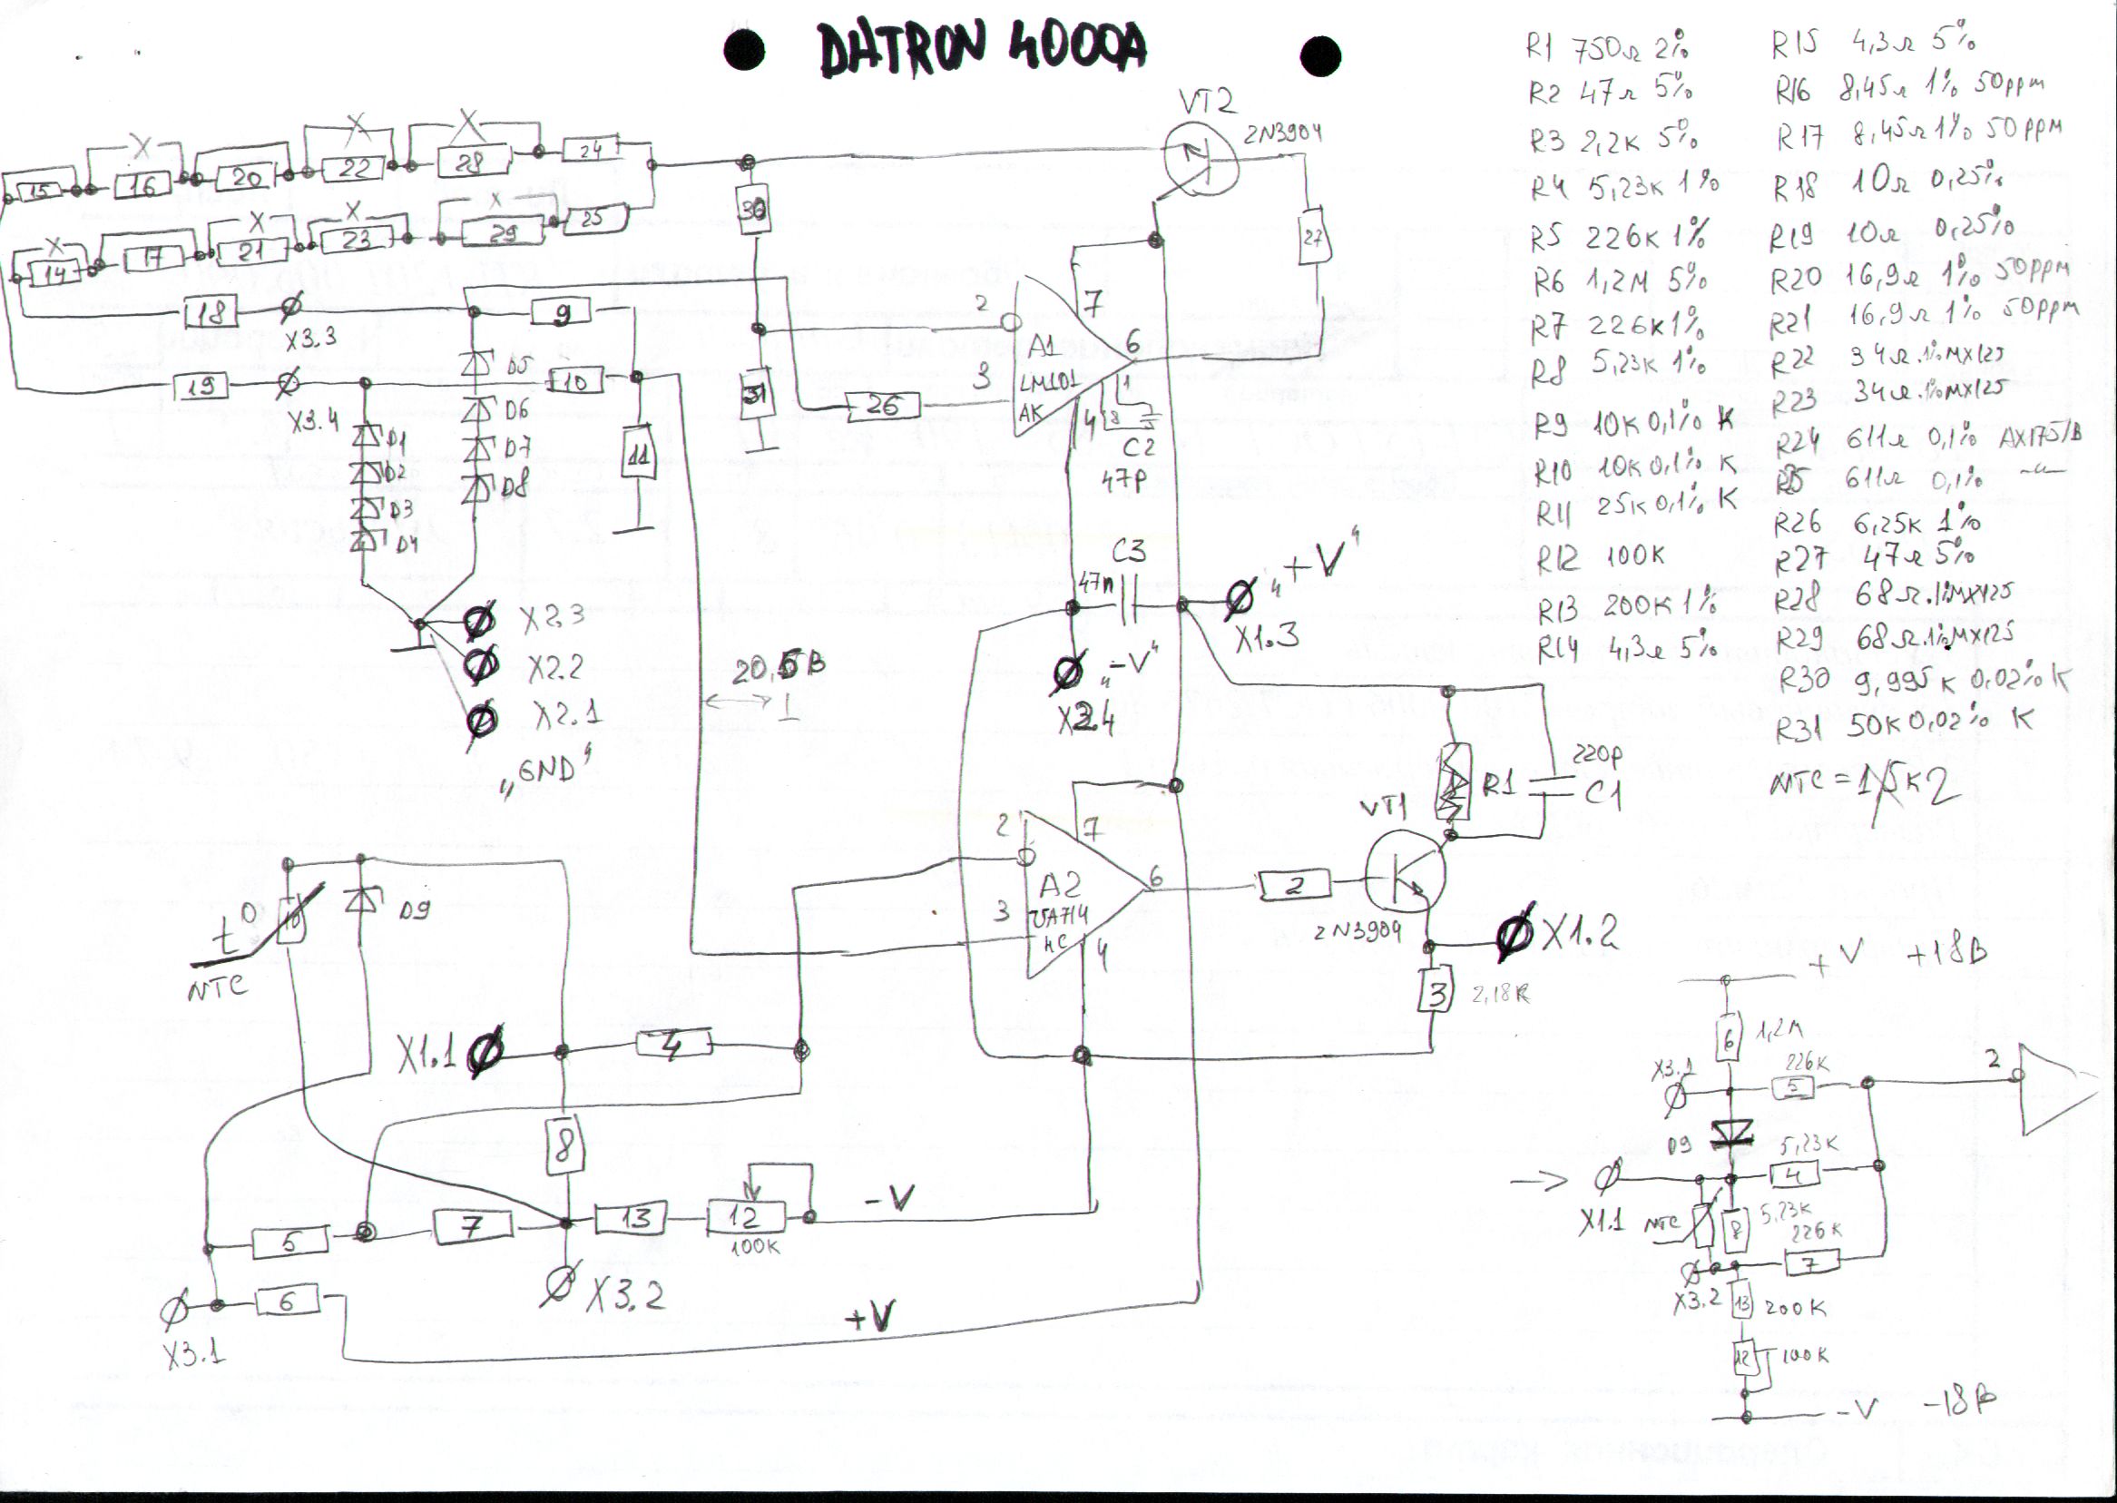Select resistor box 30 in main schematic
(754, 211)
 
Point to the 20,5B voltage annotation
(779, 668)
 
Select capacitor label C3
(1128, 553)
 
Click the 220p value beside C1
(1596, 757)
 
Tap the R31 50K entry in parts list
(1896, 724)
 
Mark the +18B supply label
(1945, 952)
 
